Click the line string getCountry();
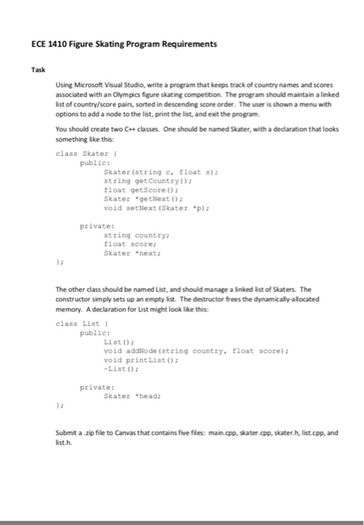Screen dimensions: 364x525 pos(140,181)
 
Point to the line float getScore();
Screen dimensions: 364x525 pos(136,190)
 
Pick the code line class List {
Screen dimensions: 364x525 pos(79,323)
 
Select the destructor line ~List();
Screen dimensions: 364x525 pos(122,367)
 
